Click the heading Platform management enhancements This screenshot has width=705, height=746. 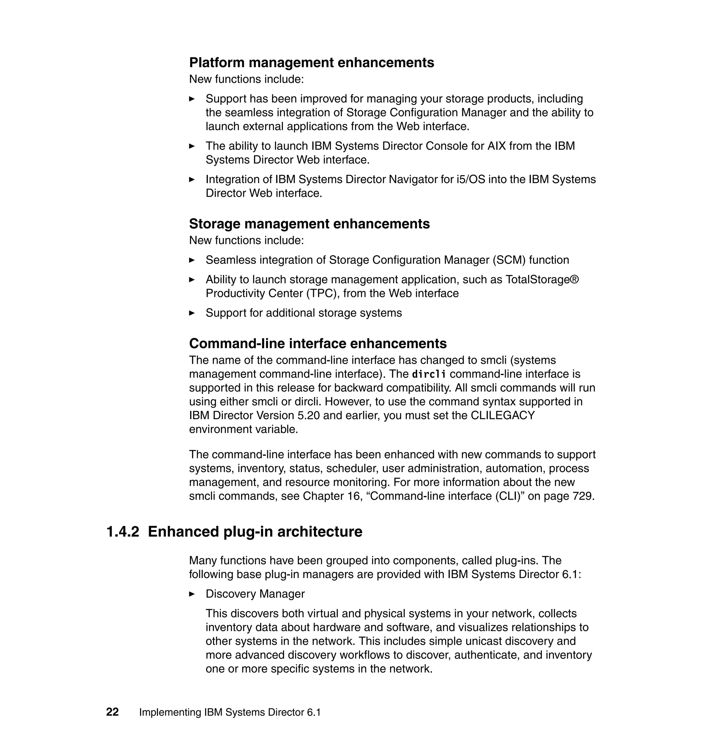(x=311, y=63)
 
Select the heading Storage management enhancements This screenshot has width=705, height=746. (x=309, y=224)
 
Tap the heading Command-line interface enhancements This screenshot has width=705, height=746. (x=317, y=344)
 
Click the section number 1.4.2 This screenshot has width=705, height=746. (x=123, y=532)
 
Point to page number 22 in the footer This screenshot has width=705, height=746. (x=112, y=712)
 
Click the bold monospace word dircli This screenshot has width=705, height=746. (x=429, y=374)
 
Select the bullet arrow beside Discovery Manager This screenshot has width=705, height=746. (x=192, y=594)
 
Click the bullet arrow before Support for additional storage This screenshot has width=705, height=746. (x=192, y=313)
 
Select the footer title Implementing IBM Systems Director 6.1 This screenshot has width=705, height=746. (x=230, y=713)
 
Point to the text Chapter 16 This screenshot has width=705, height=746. (x=331, y=496)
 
